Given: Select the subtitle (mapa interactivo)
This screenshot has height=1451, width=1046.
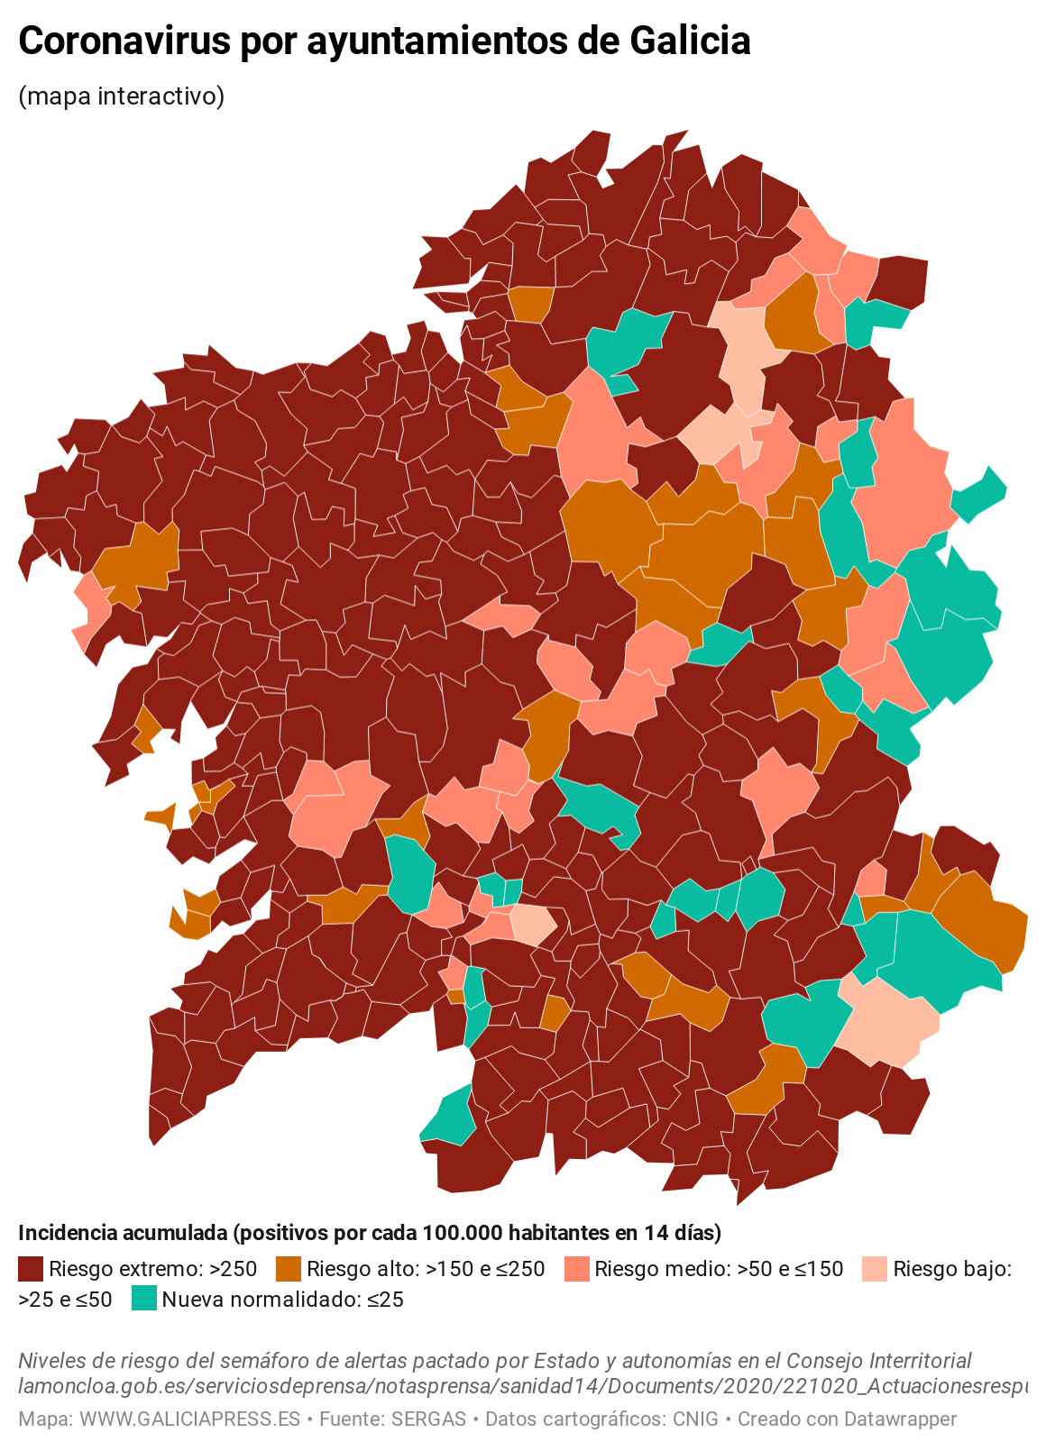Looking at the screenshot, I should pos(121,96).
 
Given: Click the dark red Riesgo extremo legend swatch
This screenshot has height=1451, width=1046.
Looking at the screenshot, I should pos(31,1270).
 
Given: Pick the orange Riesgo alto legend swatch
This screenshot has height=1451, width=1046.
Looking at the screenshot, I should pos(288,1270).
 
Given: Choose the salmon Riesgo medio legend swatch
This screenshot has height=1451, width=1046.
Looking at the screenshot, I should pos(576,1270).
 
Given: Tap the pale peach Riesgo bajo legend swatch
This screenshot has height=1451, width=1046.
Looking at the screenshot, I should pos(875,1270).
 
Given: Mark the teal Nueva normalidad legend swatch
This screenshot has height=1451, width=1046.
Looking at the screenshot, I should pos(143,1300).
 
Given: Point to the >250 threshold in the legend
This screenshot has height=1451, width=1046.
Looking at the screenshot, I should pos(234,1270).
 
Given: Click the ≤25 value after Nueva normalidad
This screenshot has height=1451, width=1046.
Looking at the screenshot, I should pos(385,1300).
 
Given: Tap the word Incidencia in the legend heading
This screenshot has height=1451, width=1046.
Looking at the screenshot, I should pos(64,1233).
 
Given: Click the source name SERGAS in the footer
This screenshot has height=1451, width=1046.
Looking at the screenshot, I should pos(428,1419).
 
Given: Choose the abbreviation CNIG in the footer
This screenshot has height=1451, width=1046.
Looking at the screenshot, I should pos(695,1419).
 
